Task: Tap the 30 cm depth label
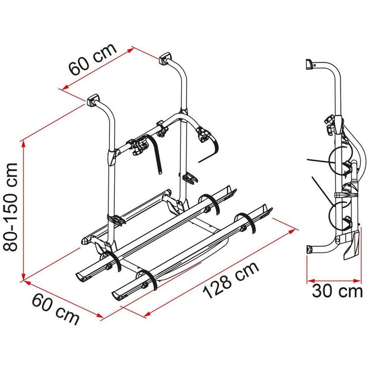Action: click(x=337, y=291)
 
